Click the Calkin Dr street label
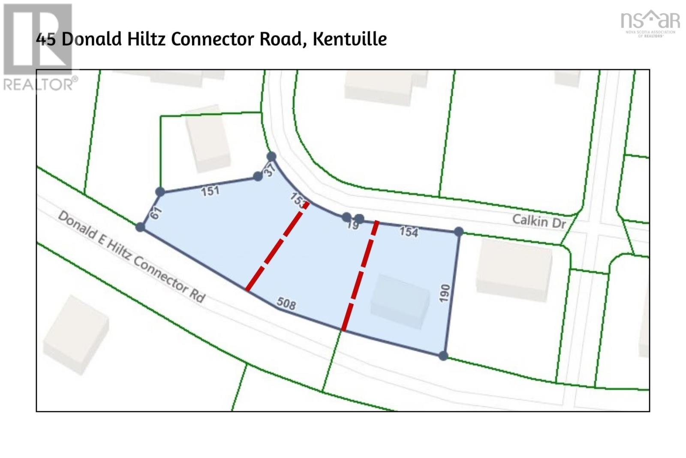[539, 221]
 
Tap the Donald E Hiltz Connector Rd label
[132, 256]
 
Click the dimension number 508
[286, 304]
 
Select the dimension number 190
[445, 293]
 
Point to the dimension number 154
[409, 232]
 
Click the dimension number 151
[210, 191]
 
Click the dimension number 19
[353, 225]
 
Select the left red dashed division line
[277, 247]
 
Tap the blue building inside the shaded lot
[400, 301]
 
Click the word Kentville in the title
[349, 39]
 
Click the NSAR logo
[650, 23]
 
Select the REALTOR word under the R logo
[40, 84]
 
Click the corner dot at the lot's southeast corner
[443, 355]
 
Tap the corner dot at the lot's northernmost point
[271, 156]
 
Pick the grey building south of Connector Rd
[75, 335]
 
